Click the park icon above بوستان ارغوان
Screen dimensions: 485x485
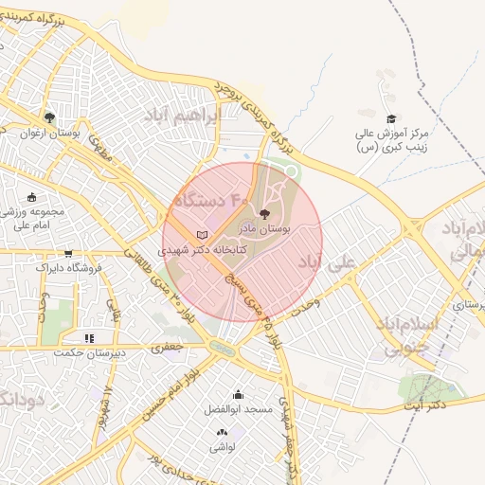(x=49, y=118)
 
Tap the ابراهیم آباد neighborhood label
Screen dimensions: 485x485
(x=180, y=116)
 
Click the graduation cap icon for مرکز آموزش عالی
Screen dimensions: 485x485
(x=390, y=119)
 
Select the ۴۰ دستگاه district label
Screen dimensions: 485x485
(x=211, y=201)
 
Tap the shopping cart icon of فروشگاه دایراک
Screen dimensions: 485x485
(x=68, y=253)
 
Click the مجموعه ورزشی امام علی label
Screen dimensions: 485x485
(x=32, y=218)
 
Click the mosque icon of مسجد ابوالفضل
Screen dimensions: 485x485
(x=238, y=395)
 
